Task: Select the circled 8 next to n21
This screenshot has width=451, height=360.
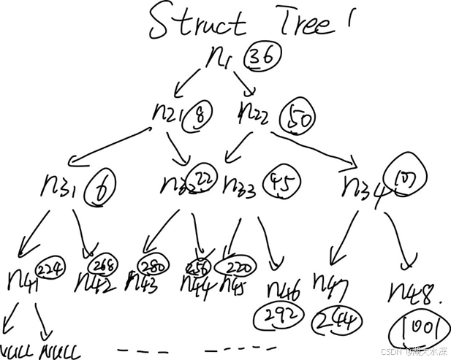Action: click(198, 116)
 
